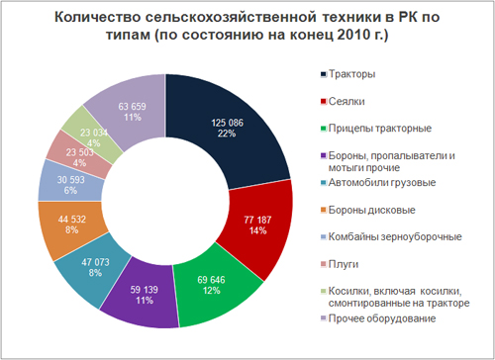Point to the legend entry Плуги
pos(345,263)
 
